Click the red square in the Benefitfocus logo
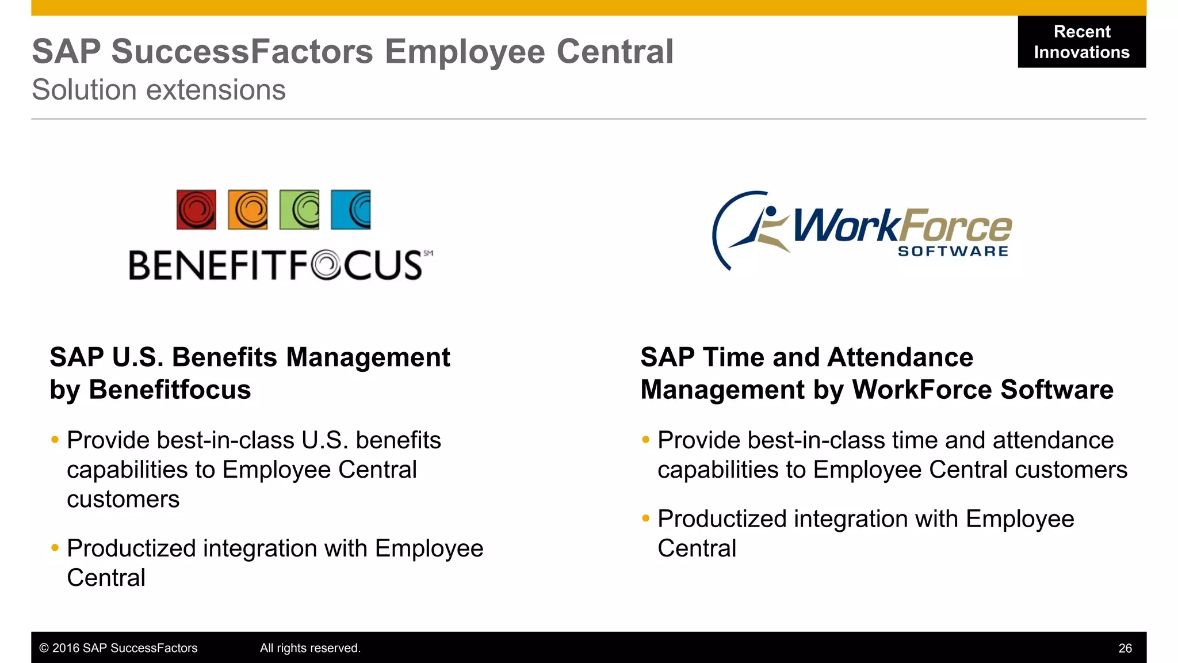click(196, 209)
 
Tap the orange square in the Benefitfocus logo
click(248, 209)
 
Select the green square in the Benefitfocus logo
click(299, 209)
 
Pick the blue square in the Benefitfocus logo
click(351, 209)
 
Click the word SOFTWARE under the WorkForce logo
click(953, 252)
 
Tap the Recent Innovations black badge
click(1081, 42)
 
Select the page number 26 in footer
click(1125, 648)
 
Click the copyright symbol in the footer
click(44, 648)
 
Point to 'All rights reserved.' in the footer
click(310, 648)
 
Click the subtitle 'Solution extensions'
click(159, 90)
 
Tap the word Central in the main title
click(615, 52)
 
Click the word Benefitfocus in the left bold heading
click(170, 390)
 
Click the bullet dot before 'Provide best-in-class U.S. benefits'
click(55, 440)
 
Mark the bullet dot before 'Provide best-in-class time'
click(645, 440)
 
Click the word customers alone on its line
click(123, 499)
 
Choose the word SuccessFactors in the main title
click(242, 52)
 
